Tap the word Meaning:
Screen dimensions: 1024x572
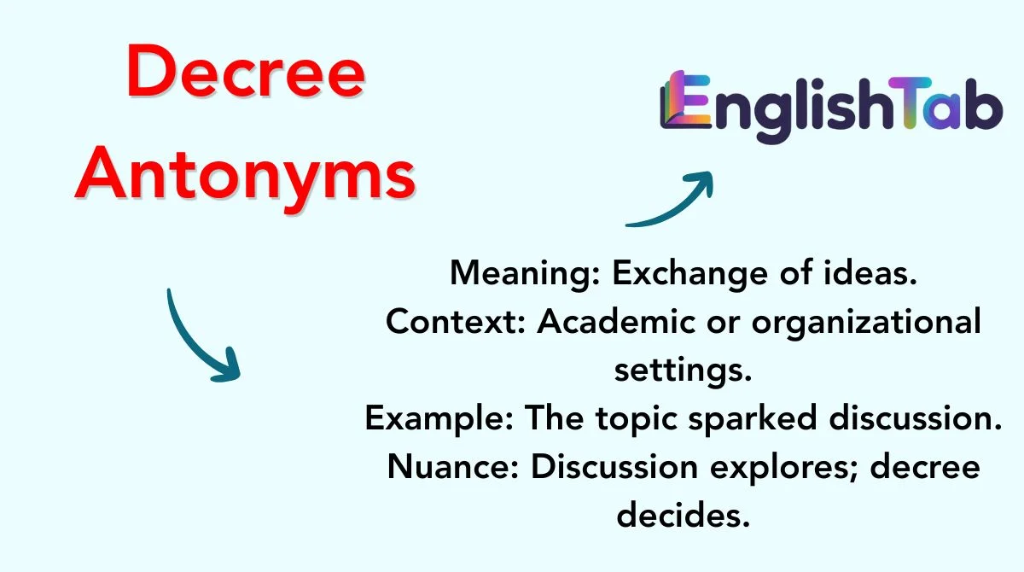[x=525, y=274]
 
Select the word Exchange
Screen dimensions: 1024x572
[x=689, y=274]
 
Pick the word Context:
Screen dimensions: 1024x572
[x=456, y=322]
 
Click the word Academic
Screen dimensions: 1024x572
[x=616, y=320]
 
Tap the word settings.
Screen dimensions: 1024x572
[x=683, y=371]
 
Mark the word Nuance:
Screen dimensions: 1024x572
[x=453, y=467]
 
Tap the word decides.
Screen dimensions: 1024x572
[x=684, y=515]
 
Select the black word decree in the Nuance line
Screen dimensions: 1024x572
[x=925, y=467]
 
